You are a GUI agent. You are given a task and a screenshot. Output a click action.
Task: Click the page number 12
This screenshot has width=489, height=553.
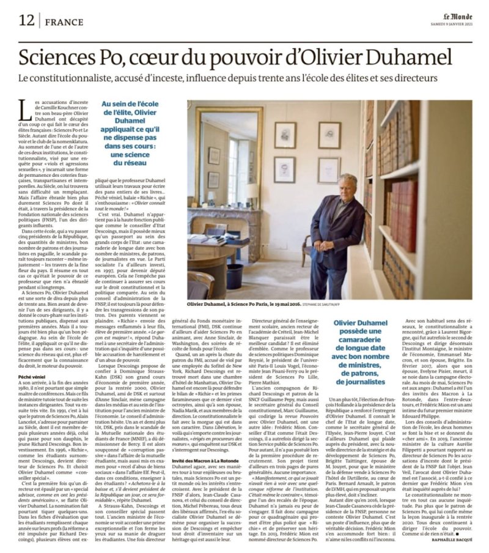(26, 21)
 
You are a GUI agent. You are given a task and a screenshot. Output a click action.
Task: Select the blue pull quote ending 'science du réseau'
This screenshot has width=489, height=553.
(136, 130)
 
